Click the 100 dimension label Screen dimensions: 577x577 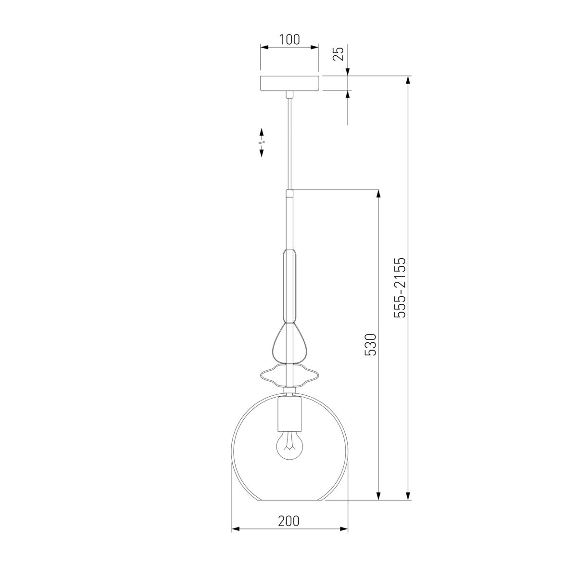[289, 39]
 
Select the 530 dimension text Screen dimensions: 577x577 [370, 345]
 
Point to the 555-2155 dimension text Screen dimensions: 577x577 [400, 288]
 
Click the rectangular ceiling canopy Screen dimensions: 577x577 [289, 83]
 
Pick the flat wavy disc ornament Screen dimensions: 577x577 [289, 375]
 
